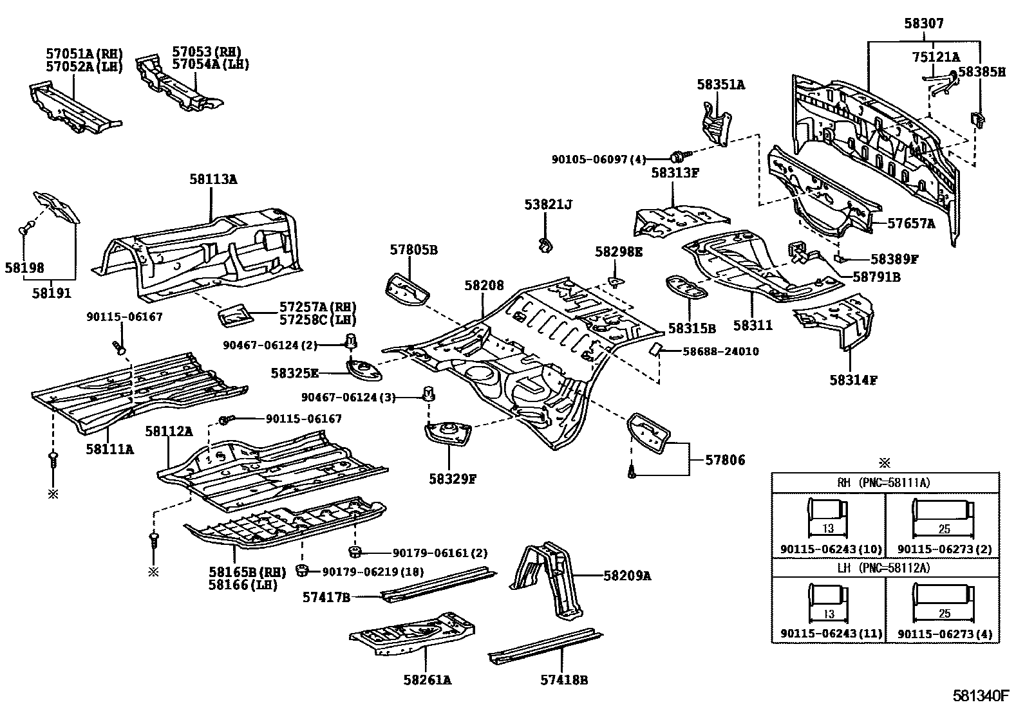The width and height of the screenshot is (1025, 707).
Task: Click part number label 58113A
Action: click(x=212, y=179)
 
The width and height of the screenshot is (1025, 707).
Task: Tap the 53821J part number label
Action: click(x=548, y=205)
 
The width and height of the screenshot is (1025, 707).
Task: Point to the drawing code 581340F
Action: click(x=982, y=695)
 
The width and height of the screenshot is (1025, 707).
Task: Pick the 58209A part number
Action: click(x=627, y=576)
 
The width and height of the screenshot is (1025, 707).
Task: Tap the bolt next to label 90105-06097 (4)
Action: click(x=678, y=157)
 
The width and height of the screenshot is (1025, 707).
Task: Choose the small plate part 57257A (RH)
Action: click(x=236, y=316)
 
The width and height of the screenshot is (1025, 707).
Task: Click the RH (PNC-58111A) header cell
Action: click(x=885, y=482)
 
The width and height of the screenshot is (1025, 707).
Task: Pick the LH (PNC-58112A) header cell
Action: click(x=885, y=567)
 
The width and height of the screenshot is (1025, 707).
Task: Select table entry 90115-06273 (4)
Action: click(x=945, y=634)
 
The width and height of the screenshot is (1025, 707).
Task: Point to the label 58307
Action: click(x=923, y=24)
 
